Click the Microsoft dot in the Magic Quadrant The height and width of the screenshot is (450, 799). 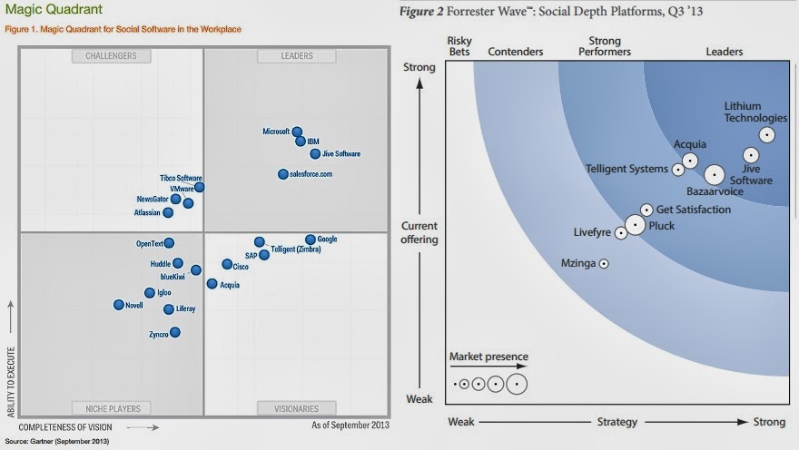(x=297, y=132)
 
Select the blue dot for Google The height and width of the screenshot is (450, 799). (x=311, y=240)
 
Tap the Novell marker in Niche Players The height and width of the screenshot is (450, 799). (x=118, y=305)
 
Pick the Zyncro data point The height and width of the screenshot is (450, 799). (x=175, y=333)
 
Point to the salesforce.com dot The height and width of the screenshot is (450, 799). (x=283, y=174)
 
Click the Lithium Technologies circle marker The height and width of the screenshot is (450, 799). (x=767, y=135)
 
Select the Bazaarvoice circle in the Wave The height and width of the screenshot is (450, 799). (x=715, y=175)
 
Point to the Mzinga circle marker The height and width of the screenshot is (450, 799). (x=604, y=264)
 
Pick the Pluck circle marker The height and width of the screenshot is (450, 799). (x=635, y=225)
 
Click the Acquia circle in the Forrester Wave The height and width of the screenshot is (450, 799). (x=690, y=161)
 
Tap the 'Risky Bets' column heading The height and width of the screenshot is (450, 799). (x=462, y=46)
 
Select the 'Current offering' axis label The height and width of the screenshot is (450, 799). (x=419, y=233)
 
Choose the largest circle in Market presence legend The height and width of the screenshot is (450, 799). (x=517, y=384)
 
